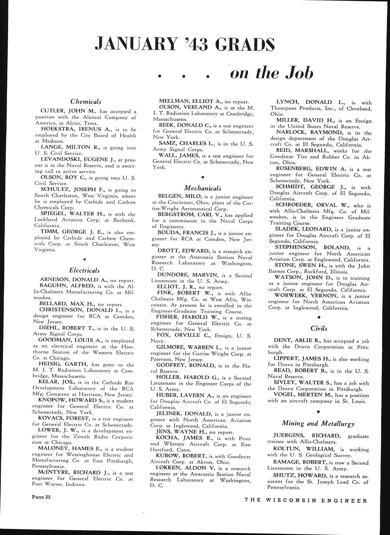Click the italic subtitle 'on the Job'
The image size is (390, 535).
(271, 72)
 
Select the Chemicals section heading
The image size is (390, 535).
(86, 102)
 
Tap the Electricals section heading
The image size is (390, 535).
(85, 270)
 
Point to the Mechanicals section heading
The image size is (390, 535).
(202, 188)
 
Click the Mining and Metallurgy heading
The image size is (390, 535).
(318, 423)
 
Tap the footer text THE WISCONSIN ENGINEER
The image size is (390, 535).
(305, 500)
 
